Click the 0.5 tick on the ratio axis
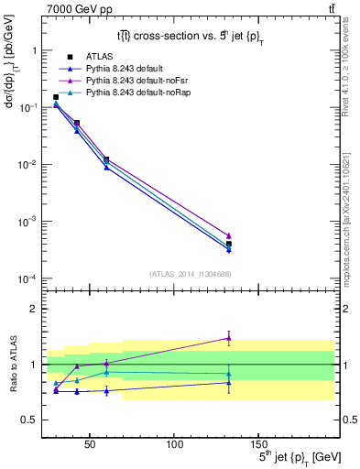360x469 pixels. [x=29, y=420]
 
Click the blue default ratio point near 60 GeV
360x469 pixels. [x=106, y=391]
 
